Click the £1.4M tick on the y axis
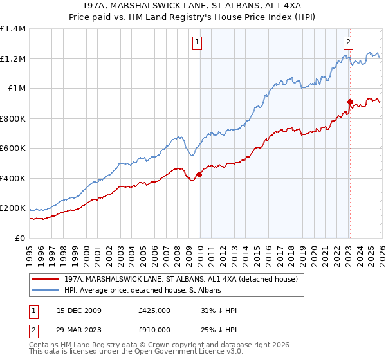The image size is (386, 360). [13, 29]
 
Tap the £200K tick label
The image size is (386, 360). [13, 208]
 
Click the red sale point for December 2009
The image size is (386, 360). [199, 174]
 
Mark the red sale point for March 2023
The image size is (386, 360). [349, 102]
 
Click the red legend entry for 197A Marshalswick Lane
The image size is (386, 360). [181, 280]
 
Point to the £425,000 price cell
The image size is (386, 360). [154, 310]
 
